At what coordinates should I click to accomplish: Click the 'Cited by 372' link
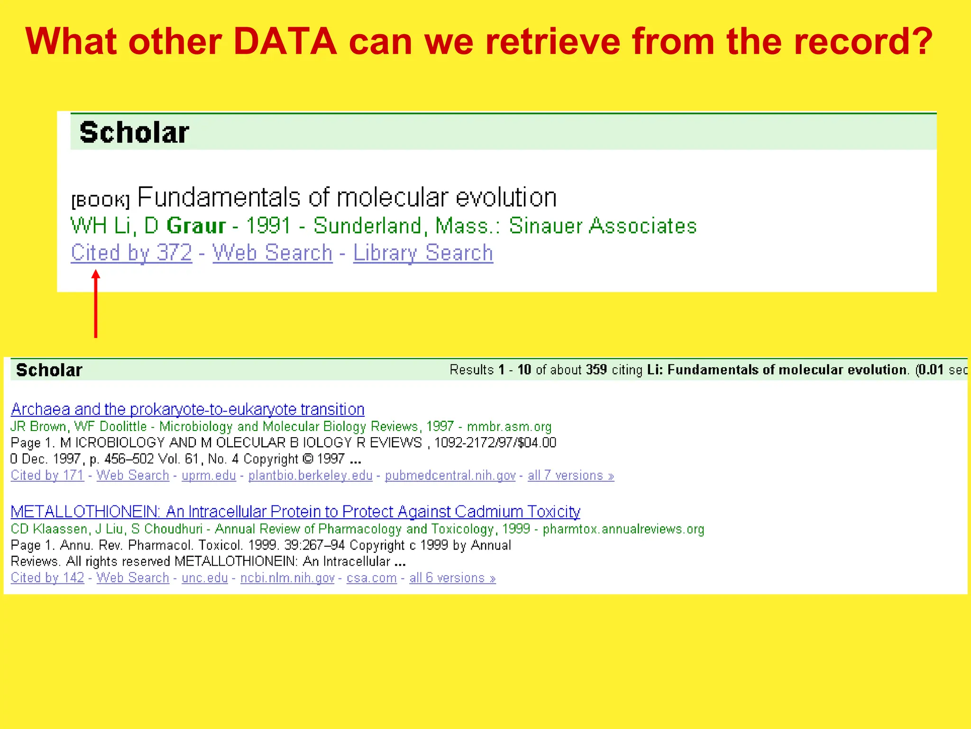pos(131,252)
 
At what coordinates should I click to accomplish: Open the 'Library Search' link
pos(423,252)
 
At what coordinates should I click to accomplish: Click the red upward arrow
pos(96,304)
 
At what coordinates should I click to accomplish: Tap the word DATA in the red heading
pos(285,42)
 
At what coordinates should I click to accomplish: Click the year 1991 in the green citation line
pos(268,225)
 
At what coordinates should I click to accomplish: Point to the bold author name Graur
pos(196,225)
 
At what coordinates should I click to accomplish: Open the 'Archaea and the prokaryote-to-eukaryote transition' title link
pos(188,409)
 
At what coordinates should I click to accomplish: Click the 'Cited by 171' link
pos(47,475)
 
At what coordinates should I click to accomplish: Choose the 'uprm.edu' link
pos(209,475)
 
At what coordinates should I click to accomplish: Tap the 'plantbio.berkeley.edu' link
pos(310,475)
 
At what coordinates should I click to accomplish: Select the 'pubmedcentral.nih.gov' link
pos(450,475)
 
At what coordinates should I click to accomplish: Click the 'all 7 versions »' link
pos(571,475)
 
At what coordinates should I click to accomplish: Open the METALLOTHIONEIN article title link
pos(295,512)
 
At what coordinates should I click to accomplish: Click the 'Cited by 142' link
pos(47,578)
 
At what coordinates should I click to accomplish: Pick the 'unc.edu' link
pos(204,578)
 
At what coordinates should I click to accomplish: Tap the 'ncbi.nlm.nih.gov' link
pos(287,578)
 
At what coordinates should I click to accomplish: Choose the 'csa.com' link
pos(372,578)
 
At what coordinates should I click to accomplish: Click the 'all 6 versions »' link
pos(452,578)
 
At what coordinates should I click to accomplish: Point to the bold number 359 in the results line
pos(596,370)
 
